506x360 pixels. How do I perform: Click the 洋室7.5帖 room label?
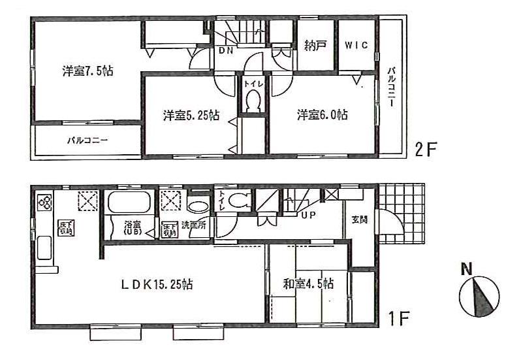pos(87,71)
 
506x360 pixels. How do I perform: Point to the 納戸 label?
pos(315,46)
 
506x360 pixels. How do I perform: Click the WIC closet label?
pos(356,46)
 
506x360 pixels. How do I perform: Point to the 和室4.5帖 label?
pos(308,284)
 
